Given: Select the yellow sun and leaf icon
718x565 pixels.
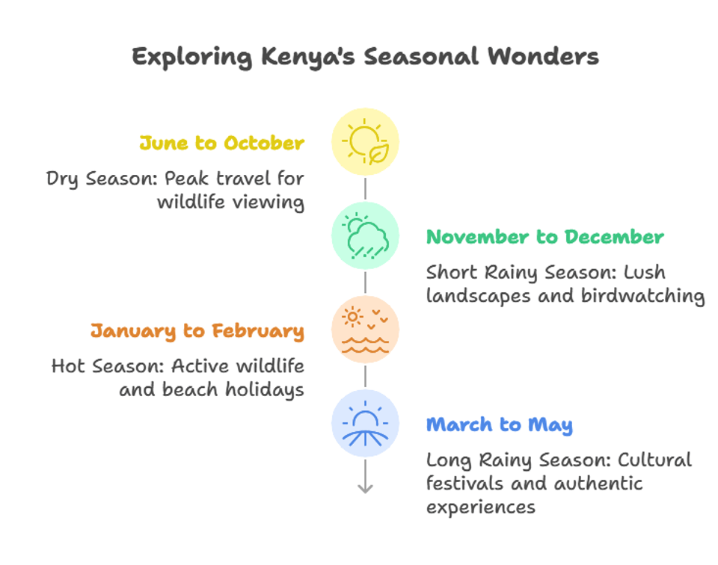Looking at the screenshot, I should tap(365, 142).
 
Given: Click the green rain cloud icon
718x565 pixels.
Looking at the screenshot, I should tap(365, 235).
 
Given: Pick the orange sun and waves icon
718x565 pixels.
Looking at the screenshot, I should tap(365, 329).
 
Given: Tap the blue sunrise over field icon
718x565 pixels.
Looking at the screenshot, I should tap(365, 423).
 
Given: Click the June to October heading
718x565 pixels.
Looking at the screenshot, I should tap(221, 143).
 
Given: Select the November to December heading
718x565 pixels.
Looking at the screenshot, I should tap(544, 237).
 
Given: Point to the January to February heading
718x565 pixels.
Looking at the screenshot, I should tap(197, 331).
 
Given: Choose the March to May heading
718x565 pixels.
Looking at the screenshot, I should tap(499, 425).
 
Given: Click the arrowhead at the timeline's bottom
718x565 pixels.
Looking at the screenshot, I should tap(365, 488).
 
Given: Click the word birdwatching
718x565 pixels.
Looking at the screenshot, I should tap(642, 296).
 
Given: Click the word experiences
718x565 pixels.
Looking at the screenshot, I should tap(480, 507).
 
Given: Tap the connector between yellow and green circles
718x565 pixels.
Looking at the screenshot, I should tap(365, 189).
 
